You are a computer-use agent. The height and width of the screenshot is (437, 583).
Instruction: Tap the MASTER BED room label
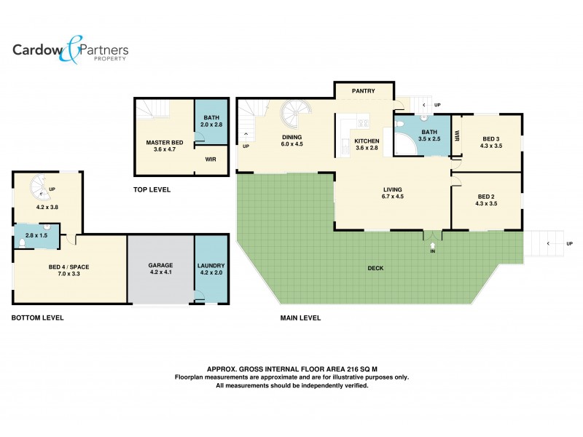(164, 143)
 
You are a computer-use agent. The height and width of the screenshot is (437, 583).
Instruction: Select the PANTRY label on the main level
(363, 91)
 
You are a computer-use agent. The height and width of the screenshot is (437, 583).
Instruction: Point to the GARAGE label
(160, 266)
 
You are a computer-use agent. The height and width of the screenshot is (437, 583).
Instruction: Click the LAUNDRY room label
(211, 266)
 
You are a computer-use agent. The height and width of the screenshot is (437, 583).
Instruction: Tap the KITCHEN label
(367, 141)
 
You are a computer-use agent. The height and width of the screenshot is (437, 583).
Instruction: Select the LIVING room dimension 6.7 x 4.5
(393, 197)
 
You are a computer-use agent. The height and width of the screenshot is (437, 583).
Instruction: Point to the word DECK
(376, 268)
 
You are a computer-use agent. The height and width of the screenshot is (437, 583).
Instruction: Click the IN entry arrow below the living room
(432, 244)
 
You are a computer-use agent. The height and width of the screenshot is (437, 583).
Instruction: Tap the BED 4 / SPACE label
(69, 267)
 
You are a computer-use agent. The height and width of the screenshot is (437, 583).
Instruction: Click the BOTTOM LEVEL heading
(38, 318)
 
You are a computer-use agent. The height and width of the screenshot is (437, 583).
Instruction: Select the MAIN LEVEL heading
(300, 318)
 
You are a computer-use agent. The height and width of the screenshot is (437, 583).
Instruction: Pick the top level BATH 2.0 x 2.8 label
(211, 122)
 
